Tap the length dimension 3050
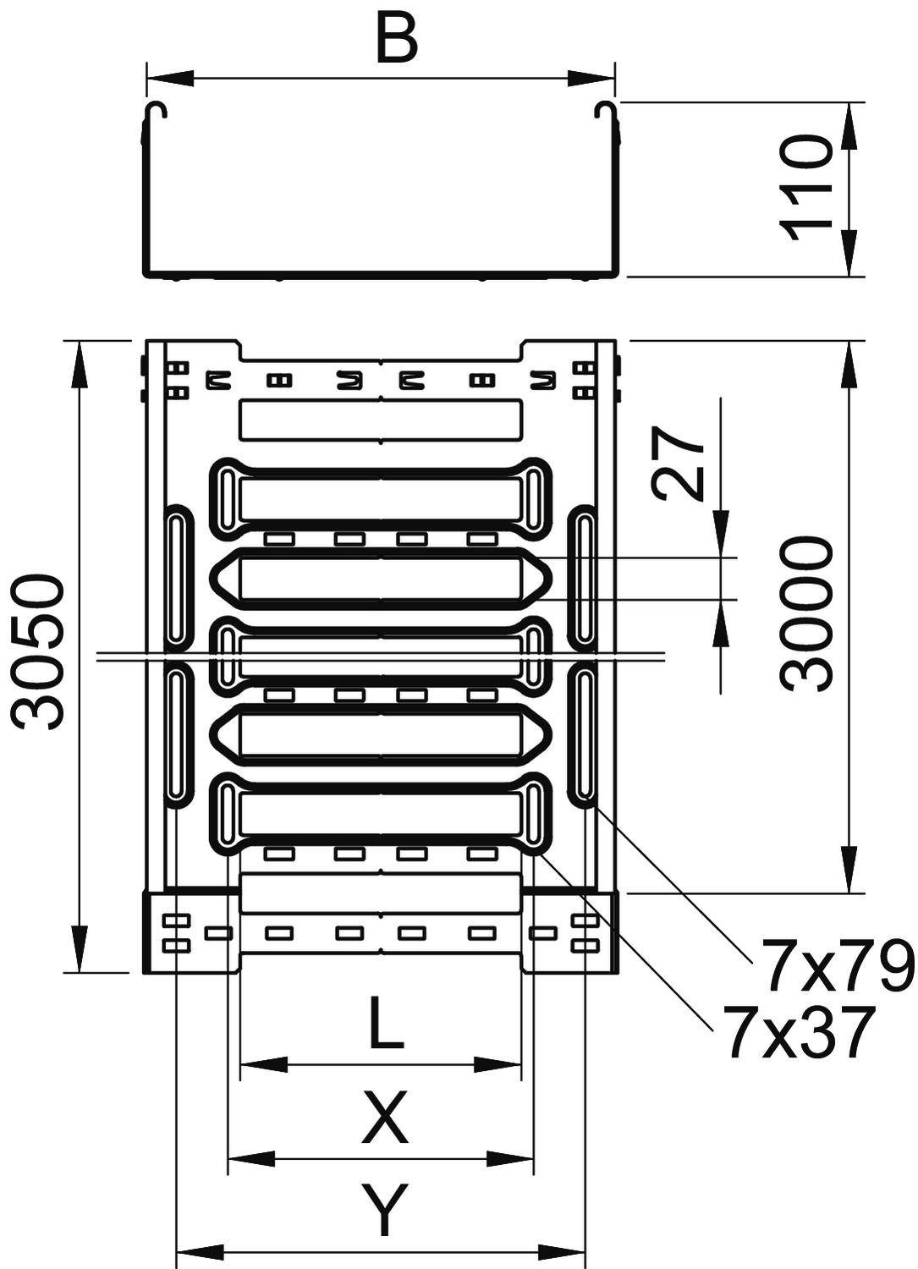tap(38, 651)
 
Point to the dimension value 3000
tap(805, 615)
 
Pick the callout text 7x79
tap(835, 965)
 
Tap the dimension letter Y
tap(385, 1210)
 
